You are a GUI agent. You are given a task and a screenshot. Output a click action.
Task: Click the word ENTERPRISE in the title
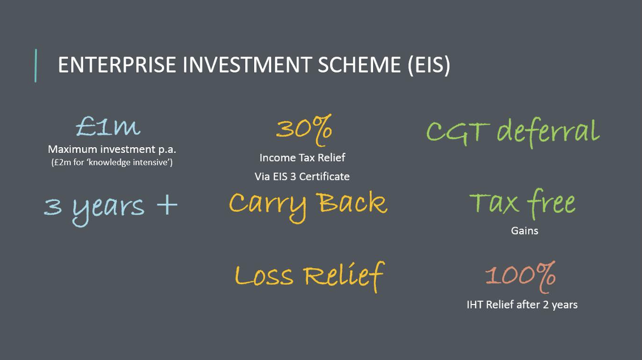point(117,65)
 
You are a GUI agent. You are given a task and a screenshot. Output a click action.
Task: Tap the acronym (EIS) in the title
point(429,65)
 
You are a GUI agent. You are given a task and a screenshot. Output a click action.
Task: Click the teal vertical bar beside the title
point(36,66)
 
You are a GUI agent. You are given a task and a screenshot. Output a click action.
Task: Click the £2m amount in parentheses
point(63,162)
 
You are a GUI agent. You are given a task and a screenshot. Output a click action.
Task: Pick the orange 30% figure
point(304,130)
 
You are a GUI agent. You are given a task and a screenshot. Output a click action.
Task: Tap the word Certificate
point(324,177)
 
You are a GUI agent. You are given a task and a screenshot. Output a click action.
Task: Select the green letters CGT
point(458,132)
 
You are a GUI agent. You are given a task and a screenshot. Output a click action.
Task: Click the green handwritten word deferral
point(548,132)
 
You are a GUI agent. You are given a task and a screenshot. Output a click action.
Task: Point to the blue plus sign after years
point(167,204)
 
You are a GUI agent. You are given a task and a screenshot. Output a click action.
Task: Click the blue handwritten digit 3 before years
point(53,207)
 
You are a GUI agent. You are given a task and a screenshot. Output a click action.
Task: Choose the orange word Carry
point(267,205)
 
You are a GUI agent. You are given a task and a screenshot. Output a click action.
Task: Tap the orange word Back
point(352,202)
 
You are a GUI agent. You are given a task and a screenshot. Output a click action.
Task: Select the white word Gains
point(524,230)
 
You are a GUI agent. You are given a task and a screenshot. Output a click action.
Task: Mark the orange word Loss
point(264,276)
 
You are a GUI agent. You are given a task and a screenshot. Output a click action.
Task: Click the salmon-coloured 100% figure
point(520,276)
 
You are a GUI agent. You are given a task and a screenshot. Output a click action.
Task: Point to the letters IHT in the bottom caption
point(475,305)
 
